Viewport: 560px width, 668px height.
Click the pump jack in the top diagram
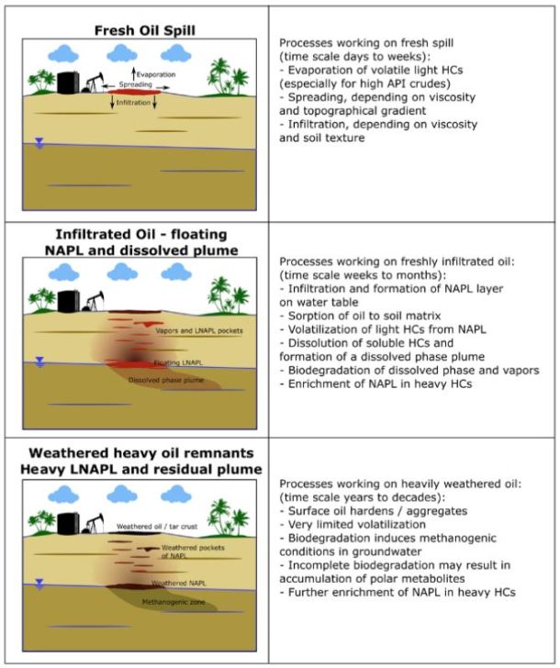pos(94,83)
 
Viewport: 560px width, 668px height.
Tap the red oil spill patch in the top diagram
pos(136,92)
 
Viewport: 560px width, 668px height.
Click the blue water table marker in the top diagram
pos(39,143)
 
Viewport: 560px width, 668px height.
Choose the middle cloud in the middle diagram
pos(120,272)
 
